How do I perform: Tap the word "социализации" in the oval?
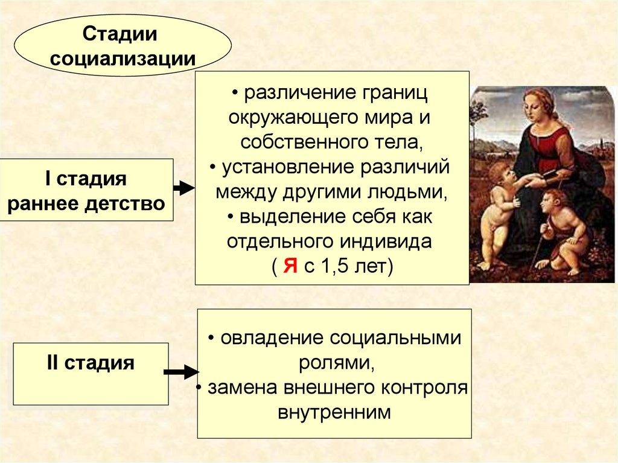pos(123,59)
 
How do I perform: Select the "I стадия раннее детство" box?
pos(86,191)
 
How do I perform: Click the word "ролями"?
pos(331,363)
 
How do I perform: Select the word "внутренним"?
pos(334,412)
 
